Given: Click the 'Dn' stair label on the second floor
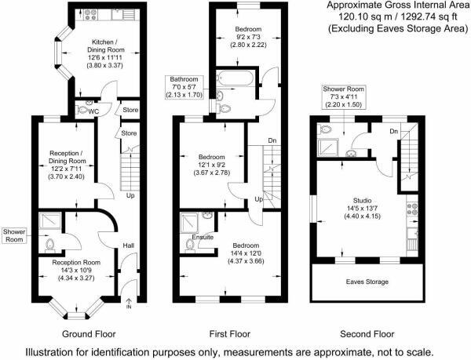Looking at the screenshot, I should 392,131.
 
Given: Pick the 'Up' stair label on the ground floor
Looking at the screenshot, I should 130,195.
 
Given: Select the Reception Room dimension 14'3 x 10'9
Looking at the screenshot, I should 76,270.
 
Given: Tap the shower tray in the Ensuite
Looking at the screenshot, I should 189,222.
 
